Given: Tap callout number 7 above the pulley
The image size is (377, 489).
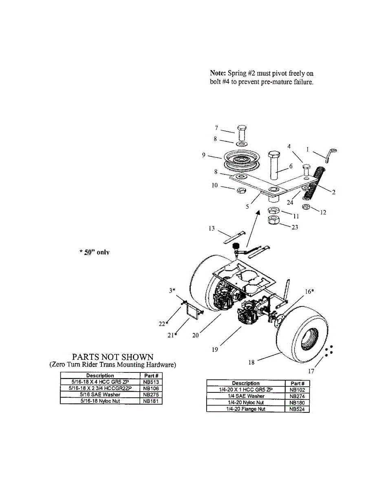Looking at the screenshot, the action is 216,128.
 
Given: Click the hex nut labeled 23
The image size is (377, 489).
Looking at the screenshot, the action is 274,220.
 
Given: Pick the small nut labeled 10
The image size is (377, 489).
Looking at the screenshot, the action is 241,191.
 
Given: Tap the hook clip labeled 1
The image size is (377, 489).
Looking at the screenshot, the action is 331,155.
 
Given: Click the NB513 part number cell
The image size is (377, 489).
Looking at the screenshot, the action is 151,382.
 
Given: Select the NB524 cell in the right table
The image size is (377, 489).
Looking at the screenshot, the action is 297,409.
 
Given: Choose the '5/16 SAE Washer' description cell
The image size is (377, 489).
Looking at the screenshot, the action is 100,394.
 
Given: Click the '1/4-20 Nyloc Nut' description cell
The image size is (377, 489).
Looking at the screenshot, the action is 246,402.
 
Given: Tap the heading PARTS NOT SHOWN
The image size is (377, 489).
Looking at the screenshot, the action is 112,357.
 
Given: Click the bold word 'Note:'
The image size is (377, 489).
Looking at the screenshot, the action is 218,73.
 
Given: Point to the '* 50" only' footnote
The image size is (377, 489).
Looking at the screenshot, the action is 94,252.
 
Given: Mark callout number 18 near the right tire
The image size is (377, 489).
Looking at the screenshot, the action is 251,362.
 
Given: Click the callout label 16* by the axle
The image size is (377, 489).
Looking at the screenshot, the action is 309,291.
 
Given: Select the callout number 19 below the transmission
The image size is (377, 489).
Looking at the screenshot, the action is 215,350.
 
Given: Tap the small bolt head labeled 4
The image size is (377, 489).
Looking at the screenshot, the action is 306,167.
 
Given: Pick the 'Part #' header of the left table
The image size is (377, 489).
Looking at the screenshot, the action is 151,376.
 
